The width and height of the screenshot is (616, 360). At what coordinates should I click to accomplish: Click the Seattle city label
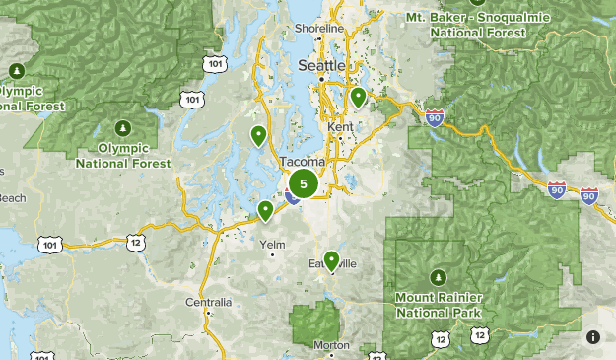click(x=321, y=65)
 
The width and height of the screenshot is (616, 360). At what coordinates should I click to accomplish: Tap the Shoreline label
click(x=320, y=29)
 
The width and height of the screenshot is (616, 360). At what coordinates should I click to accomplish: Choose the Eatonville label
click(x=331, y=264)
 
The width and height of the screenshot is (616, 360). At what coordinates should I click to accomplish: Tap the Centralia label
click(x=209, y=302)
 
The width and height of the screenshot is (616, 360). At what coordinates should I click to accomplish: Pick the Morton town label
click(x=331, y=345)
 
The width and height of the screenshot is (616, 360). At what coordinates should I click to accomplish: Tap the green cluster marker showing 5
click(x=303, y=183)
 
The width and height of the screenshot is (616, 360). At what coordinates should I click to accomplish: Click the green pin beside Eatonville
click(x=331, y=260)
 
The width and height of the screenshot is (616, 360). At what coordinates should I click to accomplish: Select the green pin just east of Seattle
click(x=359, y=98)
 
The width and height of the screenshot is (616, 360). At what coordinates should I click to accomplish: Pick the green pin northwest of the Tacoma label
click(x=258, y=135)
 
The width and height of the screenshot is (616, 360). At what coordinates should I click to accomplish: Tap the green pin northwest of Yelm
click(x=265, y=210)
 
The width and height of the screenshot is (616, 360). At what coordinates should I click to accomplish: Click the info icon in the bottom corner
click(x=594, y=338)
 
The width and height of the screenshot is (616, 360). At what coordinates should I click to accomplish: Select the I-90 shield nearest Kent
click(x=436, y=118)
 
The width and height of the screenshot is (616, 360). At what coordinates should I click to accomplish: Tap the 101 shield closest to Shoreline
click(x=217, y=63)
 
